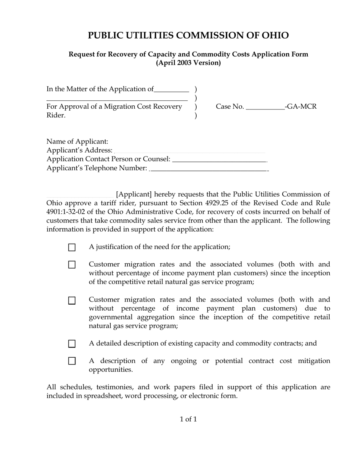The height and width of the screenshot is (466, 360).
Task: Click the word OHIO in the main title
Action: point(275,36)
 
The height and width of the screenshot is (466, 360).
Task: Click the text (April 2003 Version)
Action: point(188,63)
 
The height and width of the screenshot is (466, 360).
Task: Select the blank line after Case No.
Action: point(265,107)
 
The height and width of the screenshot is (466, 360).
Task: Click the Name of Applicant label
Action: point(77,142)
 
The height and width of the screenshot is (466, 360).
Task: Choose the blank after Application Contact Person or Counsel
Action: point(219,160)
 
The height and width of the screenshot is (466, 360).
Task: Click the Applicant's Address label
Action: point(80,150)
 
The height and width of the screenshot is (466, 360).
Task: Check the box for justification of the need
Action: point(72,247)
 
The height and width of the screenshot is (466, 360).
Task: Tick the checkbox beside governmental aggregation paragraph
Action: point(72,300)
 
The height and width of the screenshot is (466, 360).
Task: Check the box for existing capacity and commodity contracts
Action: point(72,344)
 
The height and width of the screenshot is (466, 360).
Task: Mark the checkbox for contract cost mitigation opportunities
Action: point(72,361)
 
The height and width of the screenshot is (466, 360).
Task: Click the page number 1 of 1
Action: point(188,419)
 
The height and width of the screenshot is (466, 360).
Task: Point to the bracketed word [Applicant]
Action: point(134,194)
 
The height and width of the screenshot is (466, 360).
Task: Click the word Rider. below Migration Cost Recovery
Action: point(56,116)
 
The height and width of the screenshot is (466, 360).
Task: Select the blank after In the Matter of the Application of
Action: point(172,90)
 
